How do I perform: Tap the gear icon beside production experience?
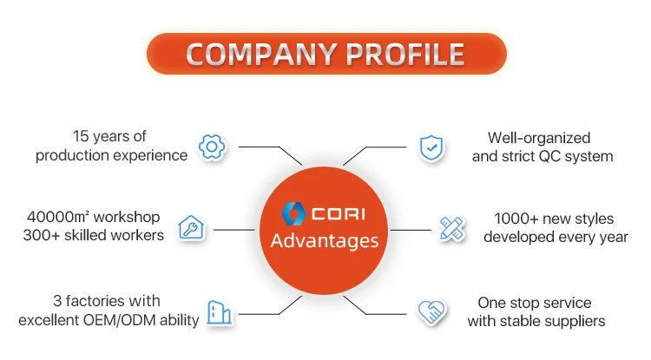click(212, 147)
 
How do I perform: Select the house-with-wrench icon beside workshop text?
click(191, 228)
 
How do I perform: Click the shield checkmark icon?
click(431, 147)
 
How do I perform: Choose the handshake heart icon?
click(431, 312)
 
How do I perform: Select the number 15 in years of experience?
click(82, 137)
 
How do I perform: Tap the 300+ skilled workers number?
click(47, 235)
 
